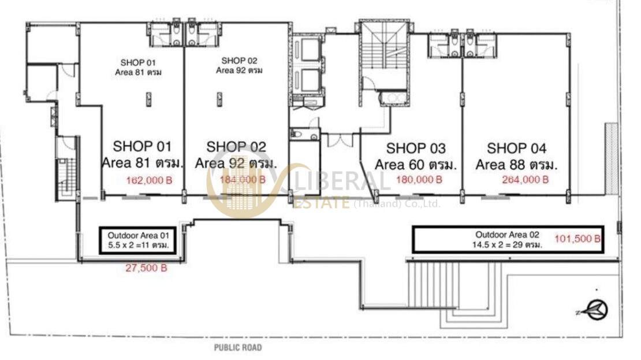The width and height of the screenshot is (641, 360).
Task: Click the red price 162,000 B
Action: [x=149, y=180]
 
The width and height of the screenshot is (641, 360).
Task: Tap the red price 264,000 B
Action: [x=526, y=179]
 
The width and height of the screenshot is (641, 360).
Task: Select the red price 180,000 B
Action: [x=419, y=179]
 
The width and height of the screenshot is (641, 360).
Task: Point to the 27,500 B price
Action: [x=146, y=268]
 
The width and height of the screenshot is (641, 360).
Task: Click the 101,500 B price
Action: [x=577, y=239]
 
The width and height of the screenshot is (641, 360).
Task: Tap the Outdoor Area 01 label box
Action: [x=138, y=240]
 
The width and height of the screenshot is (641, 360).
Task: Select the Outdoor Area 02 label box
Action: [x=508, y=240]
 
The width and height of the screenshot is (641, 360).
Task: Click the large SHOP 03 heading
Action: [x=416, y=148]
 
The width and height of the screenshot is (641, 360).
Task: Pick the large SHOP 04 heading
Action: [x=517, y=148]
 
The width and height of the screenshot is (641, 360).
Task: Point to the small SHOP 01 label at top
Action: [x=138, y=62]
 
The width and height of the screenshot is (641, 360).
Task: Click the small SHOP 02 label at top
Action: [x=239, y=61]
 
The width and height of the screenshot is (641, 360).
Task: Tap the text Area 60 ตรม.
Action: [x=416, y=165]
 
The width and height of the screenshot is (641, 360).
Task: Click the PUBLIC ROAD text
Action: [x=237, y=348]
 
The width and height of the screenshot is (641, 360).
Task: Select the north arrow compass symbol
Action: [x=595, y=310]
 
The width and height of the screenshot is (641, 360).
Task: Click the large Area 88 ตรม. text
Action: [x=517, y=165]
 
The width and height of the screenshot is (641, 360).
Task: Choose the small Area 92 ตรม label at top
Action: [x=239, y=70]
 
